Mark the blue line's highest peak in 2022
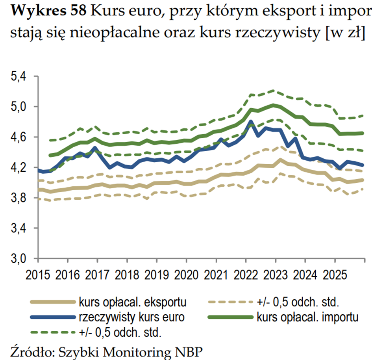click(x=250, y=122)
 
